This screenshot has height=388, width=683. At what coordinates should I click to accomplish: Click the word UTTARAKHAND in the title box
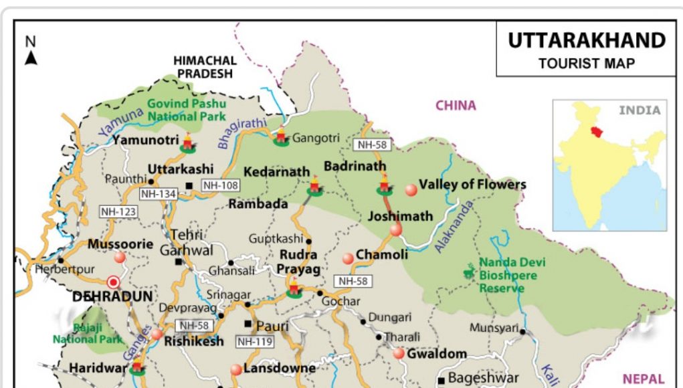(x=586, y=41)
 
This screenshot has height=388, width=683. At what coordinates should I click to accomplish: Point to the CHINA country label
(x=456, y=105)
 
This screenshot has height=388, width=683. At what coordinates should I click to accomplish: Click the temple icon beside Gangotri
(x=281, y=136)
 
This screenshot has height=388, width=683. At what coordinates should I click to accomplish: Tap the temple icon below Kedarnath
(x=314, y=187)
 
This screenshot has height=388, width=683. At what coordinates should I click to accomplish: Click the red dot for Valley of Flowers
(x=411, y=190)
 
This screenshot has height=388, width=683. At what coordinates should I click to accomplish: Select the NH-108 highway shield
(x=220, y=185)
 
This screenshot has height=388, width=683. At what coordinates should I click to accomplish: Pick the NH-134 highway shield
(x=157, y=193)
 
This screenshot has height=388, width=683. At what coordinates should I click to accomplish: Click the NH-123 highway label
(x=118, y=211)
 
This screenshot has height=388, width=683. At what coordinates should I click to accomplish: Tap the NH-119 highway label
(x=254, y=342)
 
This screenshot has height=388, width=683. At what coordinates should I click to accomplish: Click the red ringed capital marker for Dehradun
(x=114, y=282)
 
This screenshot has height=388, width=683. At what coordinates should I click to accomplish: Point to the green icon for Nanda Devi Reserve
(x=469, y=272)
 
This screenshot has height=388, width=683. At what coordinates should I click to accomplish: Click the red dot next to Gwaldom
(x=399, y=353)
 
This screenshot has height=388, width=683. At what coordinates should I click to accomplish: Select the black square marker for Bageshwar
(x=441, y=379)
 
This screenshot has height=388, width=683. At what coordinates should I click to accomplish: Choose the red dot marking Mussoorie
(x=120, y=257)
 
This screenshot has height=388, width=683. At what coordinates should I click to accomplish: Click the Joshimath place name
(x=400, y=216)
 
